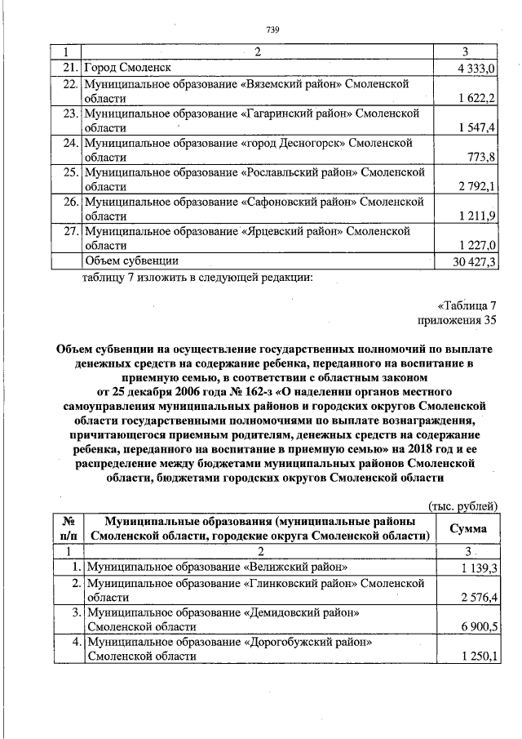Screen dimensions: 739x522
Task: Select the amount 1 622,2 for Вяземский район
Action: [475, 98]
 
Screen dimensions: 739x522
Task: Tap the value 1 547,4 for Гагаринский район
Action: [475, 127]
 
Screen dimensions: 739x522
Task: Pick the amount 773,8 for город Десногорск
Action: [481, 157]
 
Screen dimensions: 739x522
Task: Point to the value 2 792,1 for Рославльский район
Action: [475, 186]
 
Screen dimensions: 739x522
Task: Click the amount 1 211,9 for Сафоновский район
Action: [475, 216]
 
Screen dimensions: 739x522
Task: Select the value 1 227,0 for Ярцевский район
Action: [475, 245]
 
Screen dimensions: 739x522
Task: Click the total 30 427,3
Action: [471, 260]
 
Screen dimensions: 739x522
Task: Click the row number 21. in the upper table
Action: [70, 68]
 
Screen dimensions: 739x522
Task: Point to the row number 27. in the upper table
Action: [70, 231]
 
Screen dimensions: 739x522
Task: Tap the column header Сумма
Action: [469, 528]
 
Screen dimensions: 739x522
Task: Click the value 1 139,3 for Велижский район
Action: [475, 567]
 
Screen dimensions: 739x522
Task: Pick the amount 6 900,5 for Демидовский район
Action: [475, 626]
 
